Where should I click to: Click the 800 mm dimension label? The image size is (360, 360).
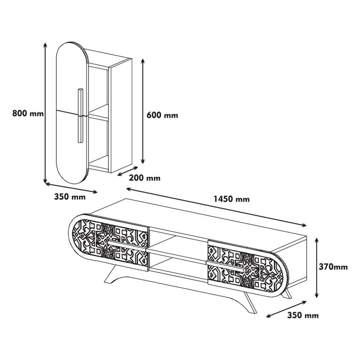pos(28,113)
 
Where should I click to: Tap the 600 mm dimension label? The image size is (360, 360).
pos(162,115)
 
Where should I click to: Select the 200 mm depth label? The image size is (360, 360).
pos(144,178)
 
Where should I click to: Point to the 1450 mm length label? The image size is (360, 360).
pos(232,199)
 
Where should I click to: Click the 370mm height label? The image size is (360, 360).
pos(333,267)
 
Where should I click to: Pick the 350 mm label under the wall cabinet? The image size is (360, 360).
pos(70,197)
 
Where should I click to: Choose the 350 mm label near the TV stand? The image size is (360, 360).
pos(303,315)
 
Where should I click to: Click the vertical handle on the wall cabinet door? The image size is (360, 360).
pos(80,115)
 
